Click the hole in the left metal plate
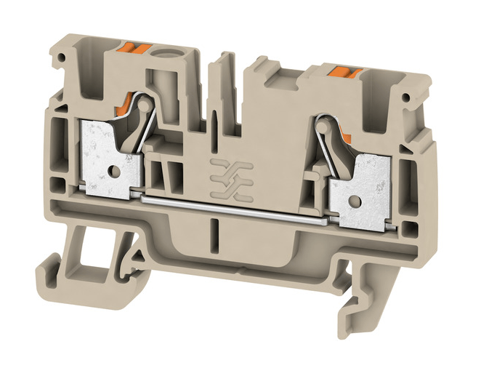pos(114,172)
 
